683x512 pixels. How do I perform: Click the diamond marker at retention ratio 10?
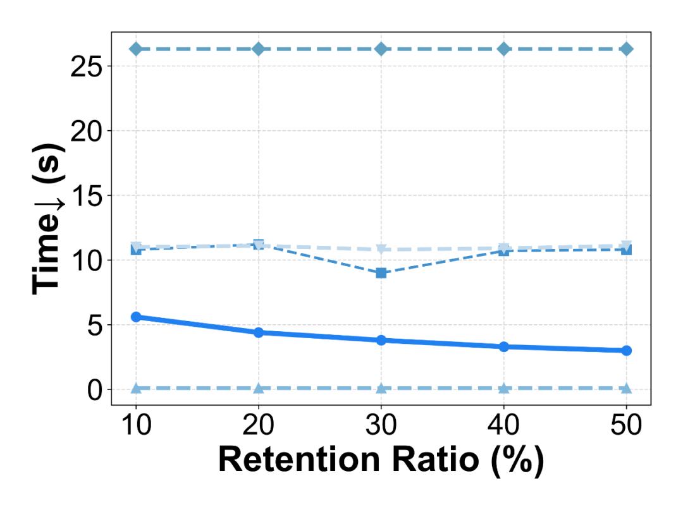(x=135, y=49)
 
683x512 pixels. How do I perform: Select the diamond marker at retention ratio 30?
(x=381, y=49)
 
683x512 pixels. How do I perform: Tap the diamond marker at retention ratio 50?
(x=626, y=49)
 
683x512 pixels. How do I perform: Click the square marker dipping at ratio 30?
(x=381, y=273)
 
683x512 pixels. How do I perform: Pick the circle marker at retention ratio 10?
(x=135, y=317)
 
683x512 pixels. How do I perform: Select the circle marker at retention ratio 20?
(x=258, y=332)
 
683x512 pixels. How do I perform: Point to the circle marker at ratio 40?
(x=503, y=346)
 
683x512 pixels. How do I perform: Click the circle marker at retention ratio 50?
(x=626, y=350)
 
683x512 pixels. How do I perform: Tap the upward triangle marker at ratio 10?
(x=135, y=388)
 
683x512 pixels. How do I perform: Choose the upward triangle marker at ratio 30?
(x=381, y=388)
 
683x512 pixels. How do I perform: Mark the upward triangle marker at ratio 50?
(x=626, y=388)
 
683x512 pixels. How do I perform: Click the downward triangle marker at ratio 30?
(x=381, y=249)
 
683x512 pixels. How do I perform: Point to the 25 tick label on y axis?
(x=87, y=66)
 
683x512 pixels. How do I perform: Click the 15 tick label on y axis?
(x=87, y=195)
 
